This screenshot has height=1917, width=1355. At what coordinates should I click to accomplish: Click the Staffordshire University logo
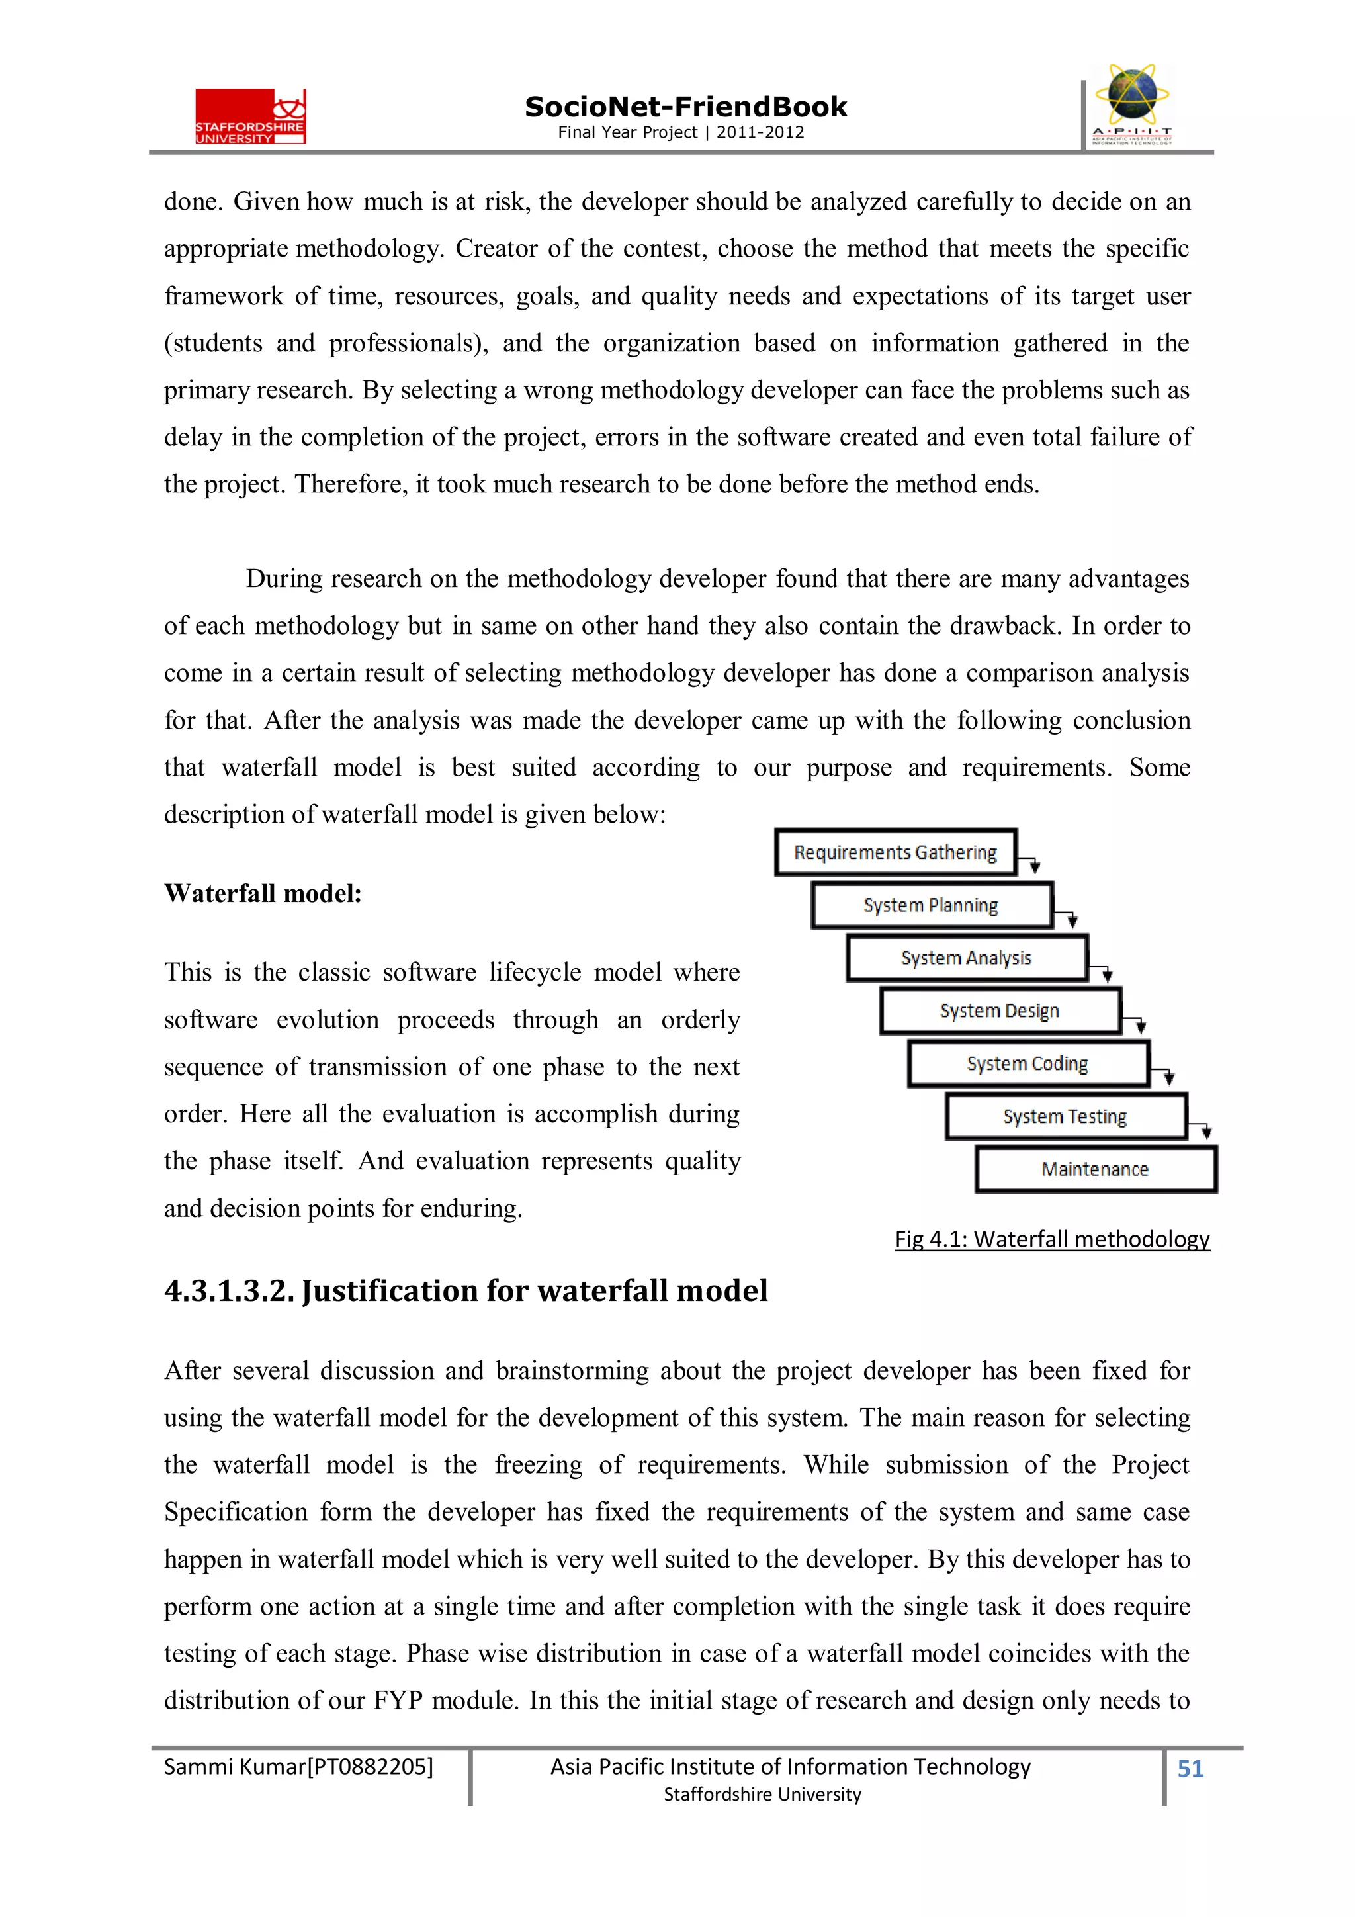(x=251, y=116)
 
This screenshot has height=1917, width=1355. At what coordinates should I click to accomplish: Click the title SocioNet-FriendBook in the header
(x=685, y=107)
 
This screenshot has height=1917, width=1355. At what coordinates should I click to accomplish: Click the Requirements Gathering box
(x=895, y=852)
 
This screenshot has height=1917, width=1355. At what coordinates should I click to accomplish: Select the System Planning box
(x=931, y=905)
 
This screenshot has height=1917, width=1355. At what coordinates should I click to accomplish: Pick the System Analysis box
(x=966, y=958)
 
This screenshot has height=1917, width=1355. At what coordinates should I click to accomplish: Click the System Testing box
(x=1065, y=1116)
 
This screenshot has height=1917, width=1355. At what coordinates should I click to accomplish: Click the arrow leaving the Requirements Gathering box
(x=1033, y=864)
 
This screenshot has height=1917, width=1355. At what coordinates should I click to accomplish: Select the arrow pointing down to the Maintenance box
(x=1205, y=1129)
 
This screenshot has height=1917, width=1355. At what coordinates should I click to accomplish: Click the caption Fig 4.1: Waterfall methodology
(x=1052, y=1239)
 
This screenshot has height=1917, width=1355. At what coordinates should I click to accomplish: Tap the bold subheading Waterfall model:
(x=263, y=894)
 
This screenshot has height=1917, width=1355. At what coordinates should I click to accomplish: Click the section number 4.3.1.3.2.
(x=230, y=1291)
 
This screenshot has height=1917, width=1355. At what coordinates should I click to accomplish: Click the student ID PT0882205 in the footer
(x=370, y=1767)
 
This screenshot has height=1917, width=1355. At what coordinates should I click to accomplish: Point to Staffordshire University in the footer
(x=762, y=1795)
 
